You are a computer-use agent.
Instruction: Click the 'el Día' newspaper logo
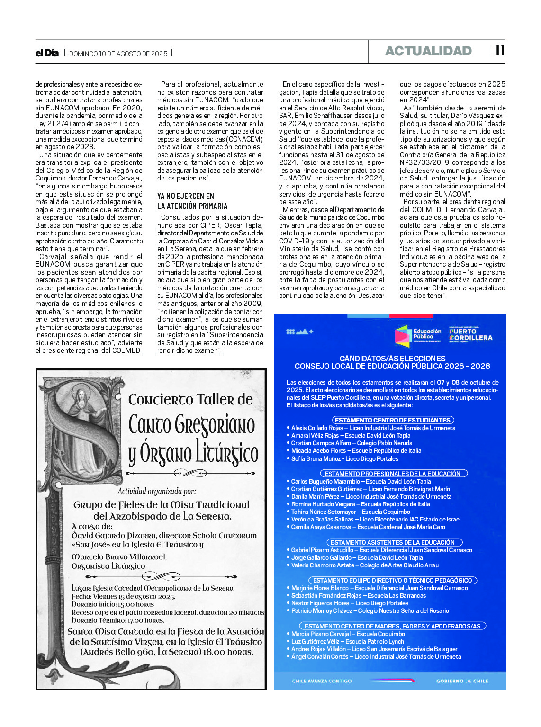tap(47, 53)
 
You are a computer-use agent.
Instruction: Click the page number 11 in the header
tap(500, 51)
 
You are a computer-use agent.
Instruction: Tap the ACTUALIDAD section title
tap(428, 51)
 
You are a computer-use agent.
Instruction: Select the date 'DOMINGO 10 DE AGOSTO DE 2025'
tap(118, 54)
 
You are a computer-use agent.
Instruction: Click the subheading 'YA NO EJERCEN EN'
tap(186, 196)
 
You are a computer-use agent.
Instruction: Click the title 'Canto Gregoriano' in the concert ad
tap(192, 425)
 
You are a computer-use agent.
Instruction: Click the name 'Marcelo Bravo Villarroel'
tap(119, 556)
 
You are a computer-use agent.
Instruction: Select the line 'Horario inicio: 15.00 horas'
tap(113, 604)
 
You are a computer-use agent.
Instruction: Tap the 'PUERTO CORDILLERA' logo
tap(470, 334)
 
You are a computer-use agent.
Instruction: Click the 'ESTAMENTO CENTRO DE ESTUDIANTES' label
tap(392, 420)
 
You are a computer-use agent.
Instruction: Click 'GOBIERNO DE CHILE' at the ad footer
tap(462, 681)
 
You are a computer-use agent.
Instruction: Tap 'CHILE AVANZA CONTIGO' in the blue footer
tap(322, 681)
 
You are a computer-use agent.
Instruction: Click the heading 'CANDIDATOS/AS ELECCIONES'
tap(392, 359)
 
